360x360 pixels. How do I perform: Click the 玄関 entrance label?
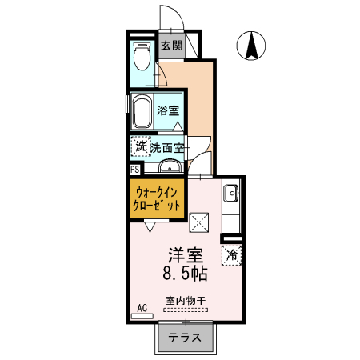click(x=172, y=46)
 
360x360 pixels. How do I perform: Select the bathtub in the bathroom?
click(x=143, y=112)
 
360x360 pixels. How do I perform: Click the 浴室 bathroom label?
click(x=168, y=110)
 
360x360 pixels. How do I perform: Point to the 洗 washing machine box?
click(x=141, y=146)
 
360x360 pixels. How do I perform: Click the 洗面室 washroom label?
click(x=168, y=147)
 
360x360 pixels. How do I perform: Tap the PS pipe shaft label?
click(x=134, y=169)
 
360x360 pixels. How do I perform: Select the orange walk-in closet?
click(x=158, y=198)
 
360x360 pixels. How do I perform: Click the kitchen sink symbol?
click(x=230, y=193)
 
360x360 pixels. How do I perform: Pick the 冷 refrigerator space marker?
click(x=232, y=256)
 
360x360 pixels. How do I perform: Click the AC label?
click(x=142, y=308)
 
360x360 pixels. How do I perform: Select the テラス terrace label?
click(x=184, y=337)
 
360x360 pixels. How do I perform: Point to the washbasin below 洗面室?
click(x=169, y=166)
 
